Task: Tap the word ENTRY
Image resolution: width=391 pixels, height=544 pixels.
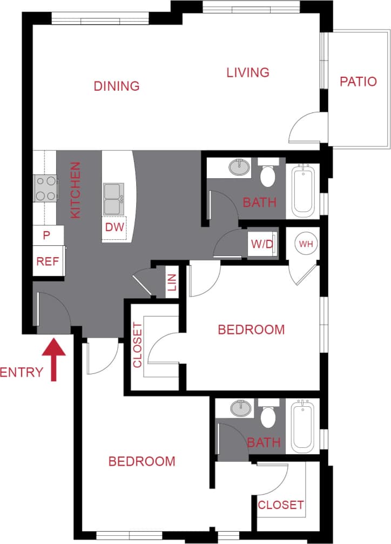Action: pos(22,372)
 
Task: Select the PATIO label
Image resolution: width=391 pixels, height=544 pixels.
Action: pos(358,82)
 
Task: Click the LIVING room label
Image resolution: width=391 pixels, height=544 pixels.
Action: pos(247,72)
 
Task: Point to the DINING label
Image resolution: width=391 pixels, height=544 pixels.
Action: pos(117,86)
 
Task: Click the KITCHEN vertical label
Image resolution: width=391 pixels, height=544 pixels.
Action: pos(76,190)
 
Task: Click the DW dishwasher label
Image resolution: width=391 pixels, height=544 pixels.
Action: pos(114,228)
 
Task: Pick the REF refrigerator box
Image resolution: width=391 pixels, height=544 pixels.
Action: pos(48,262)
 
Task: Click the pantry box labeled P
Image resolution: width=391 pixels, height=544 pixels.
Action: pos(46,236)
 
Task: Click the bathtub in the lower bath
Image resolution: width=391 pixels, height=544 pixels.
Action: pos(303,426)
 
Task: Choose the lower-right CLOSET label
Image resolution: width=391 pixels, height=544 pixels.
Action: pos(280,505)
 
